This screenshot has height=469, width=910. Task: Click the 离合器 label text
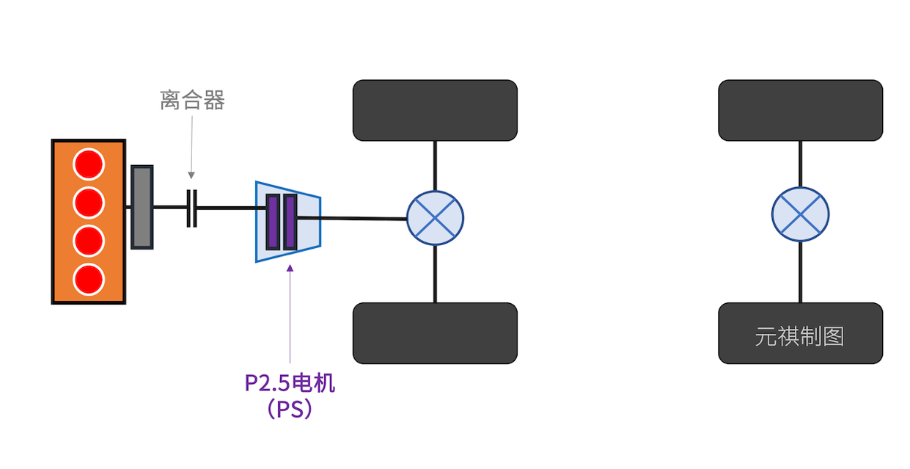point(192,100)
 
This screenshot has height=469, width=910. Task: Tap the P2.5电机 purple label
point(290,383)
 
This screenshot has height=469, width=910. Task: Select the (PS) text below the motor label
point(290,408)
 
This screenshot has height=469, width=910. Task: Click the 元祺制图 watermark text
point(799,336)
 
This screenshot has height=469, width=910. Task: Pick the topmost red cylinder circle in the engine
point(89,164)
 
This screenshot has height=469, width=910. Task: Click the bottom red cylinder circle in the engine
point(89,279)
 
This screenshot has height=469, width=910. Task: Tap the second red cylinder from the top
point(89,203)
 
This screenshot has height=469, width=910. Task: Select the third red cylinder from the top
point(89,241)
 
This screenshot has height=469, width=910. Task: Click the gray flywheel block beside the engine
point(142,207)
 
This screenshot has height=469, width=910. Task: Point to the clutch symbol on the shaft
point(191,208)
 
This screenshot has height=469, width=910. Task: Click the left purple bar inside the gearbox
point(273,221)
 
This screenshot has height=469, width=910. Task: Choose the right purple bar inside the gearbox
point(290,221)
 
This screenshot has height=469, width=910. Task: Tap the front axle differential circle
point(435,218)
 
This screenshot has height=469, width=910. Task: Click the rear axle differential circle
point(800,214)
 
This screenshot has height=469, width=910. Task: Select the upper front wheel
point(435,110)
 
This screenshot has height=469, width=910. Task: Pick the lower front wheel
point(435,332)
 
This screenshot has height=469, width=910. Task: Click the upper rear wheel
point(800,110)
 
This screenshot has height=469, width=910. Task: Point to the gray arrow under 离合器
point(191,147)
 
